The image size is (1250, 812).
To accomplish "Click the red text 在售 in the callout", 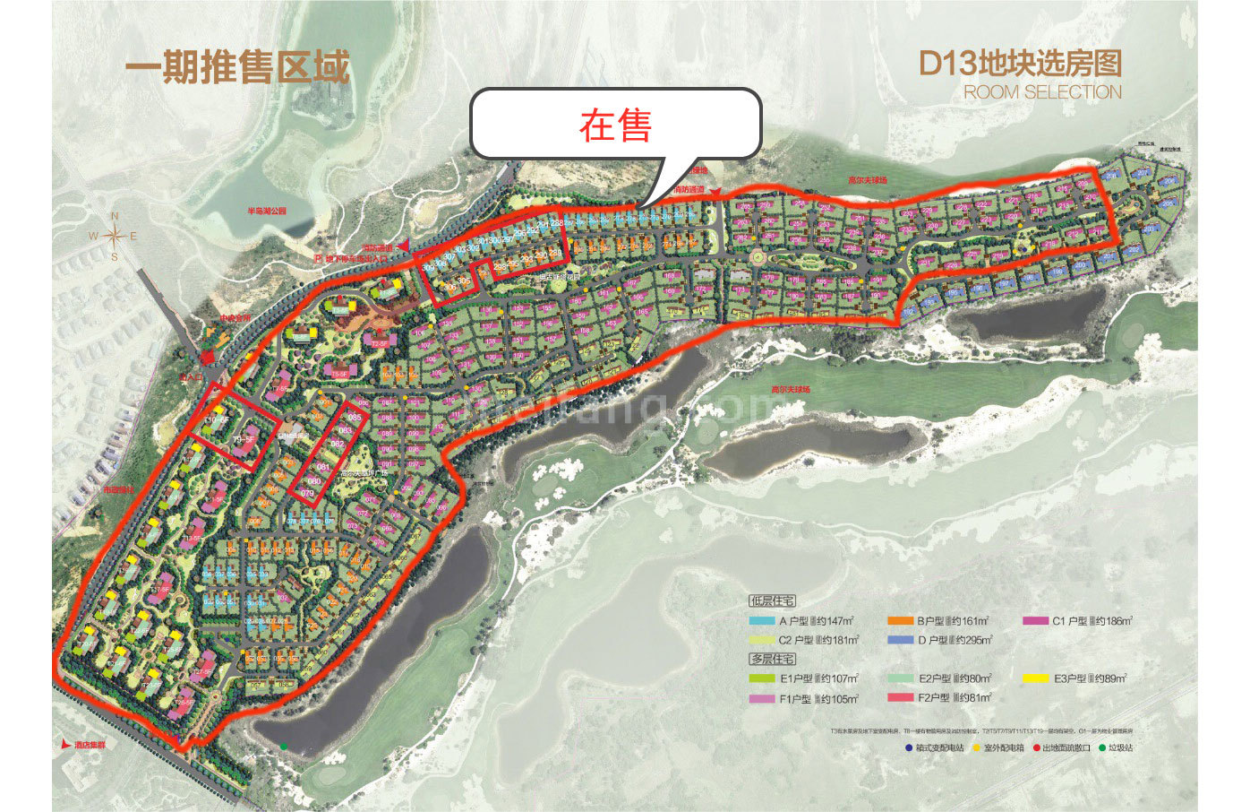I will tap(615, 125).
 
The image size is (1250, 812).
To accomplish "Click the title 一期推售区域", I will tap(236, 67).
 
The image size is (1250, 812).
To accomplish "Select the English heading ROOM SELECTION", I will tap(1042, 92).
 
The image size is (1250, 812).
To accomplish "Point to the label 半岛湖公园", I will tap(266, 212).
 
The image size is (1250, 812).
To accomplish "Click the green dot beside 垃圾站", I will tap(1100, 747).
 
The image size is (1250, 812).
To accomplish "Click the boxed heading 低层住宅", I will tap(771, 601).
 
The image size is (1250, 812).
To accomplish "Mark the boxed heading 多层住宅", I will tap(771, 659).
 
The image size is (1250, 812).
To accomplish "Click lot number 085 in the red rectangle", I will tap(355, 418).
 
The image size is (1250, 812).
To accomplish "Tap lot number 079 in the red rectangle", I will tap(307, 493).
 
